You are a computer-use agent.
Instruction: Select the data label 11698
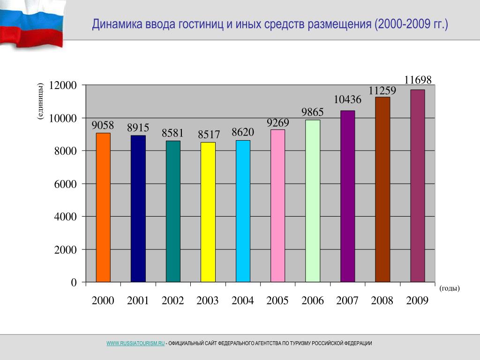(x=418, y=80)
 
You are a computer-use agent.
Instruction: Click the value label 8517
(x=209, y=135)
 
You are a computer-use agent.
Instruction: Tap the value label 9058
(x=103, y=125)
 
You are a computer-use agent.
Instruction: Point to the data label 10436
(x=347, y=99)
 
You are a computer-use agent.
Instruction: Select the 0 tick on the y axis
(x=74, y=283)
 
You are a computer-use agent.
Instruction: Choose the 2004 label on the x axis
(x=242, y=301)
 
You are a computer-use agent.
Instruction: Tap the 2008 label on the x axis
(x=382, y=301)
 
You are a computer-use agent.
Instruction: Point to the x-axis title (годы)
(x=450, y=288)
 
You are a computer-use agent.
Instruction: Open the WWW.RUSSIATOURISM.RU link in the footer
(x=135, y=344)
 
